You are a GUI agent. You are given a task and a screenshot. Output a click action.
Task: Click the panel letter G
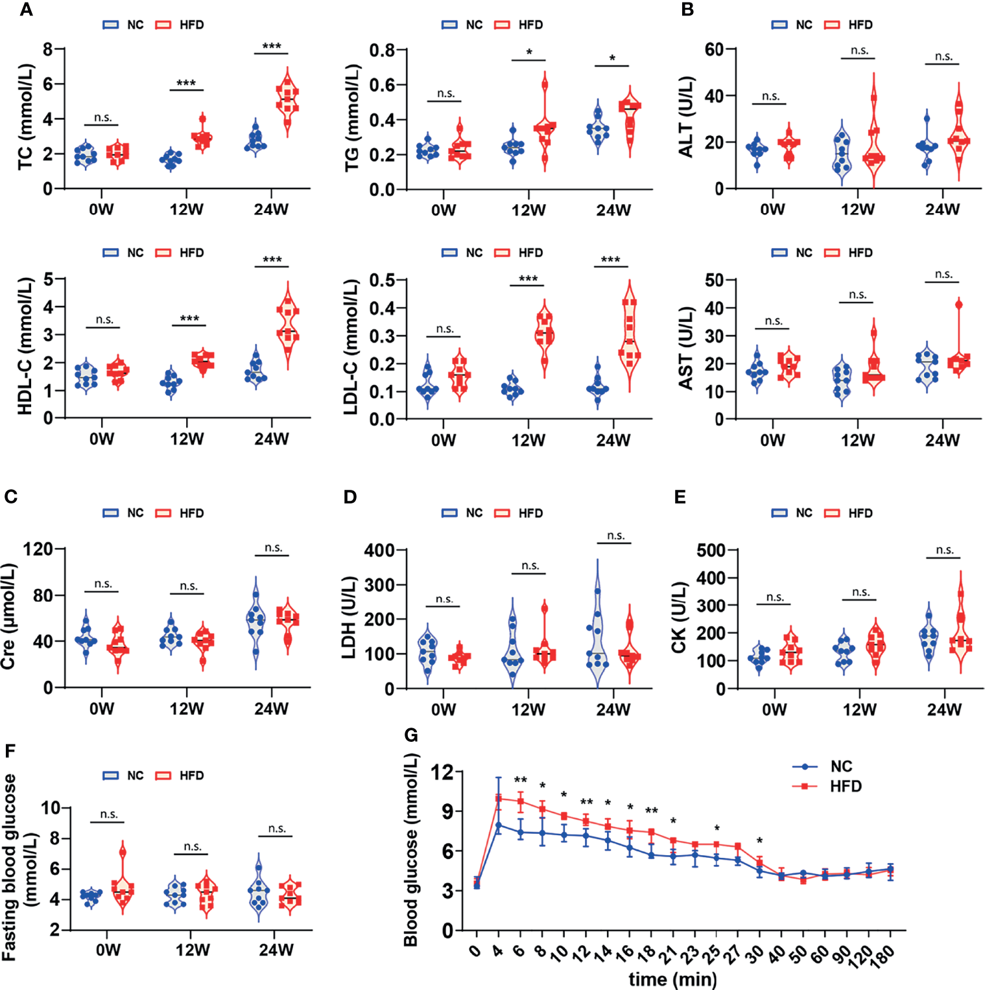(x=411, y=735)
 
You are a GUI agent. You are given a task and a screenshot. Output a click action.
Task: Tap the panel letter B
(x=687, y=10)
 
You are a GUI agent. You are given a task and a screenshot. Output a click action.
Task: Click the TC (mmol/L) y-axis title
(x=26, y=117)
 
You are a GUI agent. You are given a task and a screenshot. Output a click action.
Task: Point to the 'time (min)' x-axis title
(x=672, y=979)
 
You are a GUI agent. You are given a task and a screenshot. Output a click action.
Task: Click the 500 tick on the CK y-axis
(x=711, y=550)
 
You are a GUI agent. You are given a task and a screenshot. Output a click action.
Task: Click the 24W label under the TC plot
(x=271, y=209)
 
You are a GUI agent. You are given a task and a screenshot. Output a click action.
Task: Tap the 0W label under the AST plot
(x=772, y=440)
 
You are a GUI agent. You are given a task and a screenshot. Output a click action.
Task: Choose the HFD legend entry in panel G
(x=846, y=787)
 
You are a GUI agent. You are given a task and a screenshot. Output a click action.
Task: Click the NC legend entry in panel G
(x=841, y=766)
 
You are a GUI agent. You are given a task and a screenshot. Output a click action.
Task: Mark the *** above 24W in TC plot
(x=272, y=46)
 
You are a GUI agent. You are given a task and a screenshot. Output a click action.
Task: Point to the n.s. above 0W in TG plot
(x=445, y=93)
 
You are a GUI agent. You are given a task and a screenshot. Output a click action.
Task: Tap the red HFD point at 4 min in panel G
(x=499, y=798)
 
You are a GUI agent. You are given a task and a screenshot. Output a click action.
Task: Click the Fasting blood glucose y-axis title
(x=18, y=868)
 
